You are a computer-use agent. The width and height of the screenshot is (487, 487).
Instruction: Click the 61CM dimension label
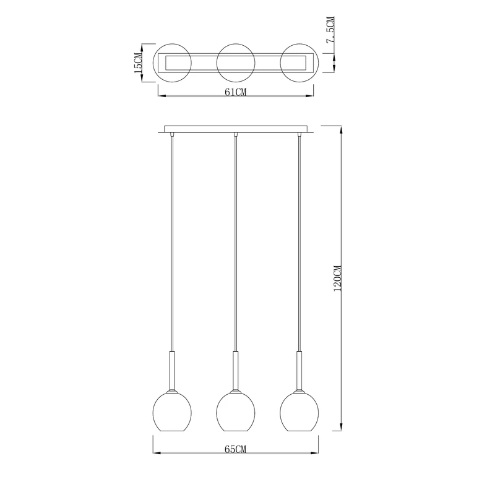(x=235, y=92)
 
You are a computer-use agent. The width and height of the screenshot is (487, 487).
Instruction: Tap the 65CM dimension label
(x=235, y=449)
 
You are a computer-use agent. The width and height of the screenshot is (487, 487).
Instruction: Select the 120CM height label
(x=337, y=278)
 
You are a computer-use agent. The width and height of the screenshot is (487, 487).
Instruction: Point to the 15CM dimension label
(x=138, y=62)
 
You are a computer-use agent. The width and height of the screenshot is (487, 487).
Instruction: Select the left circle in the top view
(x=153, y=62)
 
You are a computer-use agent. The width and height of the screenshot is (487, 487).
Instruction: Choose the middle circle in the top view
(x=217, y=62)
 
